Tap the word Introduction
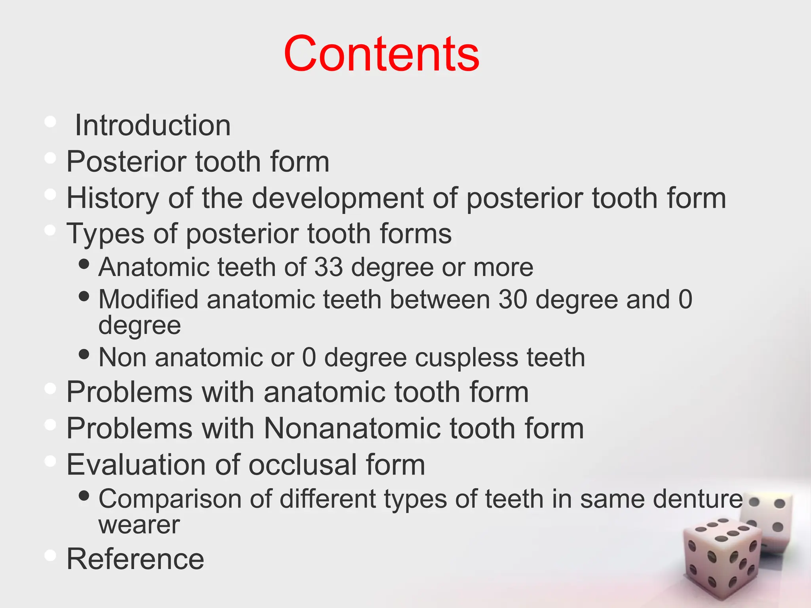coord(152,125)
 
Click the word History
coord(112,198)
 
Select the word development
coord(337,198)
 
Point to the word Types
coord(105,234)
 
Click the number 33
coord(328,267)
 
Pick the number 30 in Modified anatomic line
coord(512,299)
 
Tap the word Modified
coord(148,299)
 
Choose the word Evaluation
coord(136,465)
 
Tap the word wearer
coord(139,525)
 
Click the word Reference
coord(135,559)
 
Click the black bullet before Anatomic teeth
coord(84,264)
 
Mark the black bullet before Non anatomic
coord(84,354)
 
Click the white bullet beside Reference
coord(50,555)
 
